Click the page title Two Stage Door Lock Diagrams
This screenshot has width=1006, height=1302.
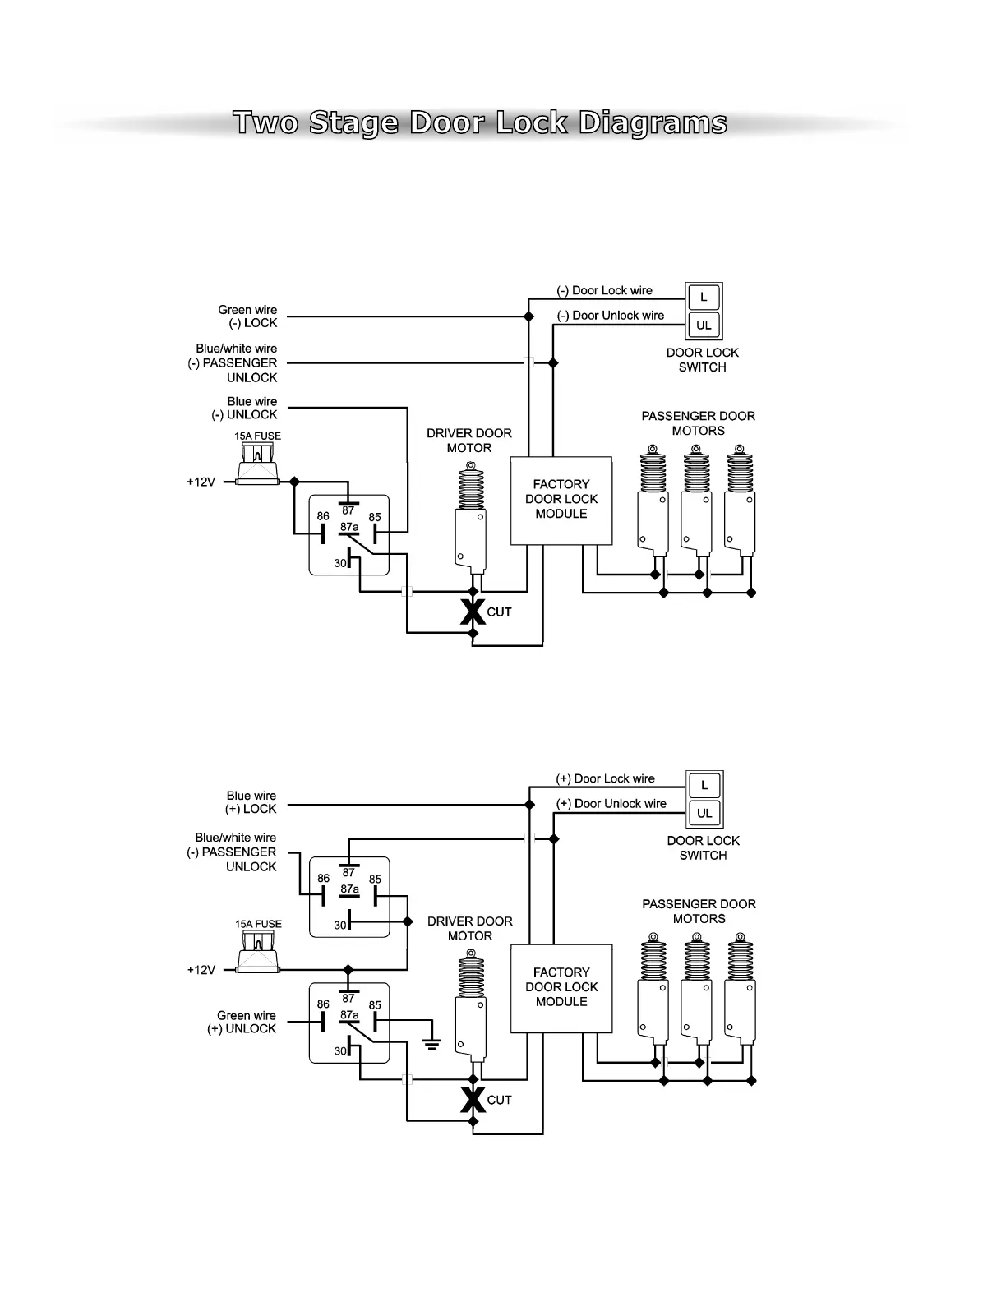(480, 123)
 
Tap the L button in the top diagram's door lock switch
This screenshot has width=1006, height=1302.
(704, 297)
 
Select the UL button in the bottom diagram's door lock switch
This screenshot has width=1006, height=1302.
(704, 813)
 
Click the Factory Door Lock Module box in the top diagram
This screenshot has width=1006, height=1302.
(561, 500)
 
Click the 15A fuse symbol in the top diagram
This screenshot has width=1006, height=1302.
(258, 465)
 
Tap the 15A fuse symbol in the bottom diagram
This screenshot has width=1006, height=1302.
(258, 953)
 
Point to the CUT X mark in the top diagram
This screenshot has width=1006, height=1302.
(473, 612)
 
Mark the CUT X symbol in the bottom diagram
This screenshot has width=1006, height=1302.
(473, 1100)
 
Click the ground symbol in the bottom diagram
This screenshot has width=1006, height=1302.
(431, 1043)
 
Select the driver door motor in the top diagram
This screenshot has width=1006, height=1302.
(471, 518)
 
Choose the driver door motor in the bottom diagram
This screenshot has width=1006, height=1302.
(471, 1006)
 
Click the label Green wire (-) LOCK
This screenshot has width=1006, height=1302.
(247, 316)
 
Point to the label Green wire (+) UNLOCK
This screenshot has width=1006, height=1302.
(242, 1023)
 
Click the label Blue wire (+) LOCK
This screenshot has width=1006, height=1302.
(251, 802)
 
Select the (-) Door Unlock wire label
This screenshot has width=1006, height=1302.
(610, 316)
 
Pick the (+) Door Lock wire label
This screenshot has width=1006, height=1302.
(605, 778)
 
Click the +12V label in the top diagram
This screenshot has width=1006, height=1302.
(201, 482)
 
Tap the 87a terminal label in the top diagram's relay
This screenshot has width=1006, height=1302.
(349, 527)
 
